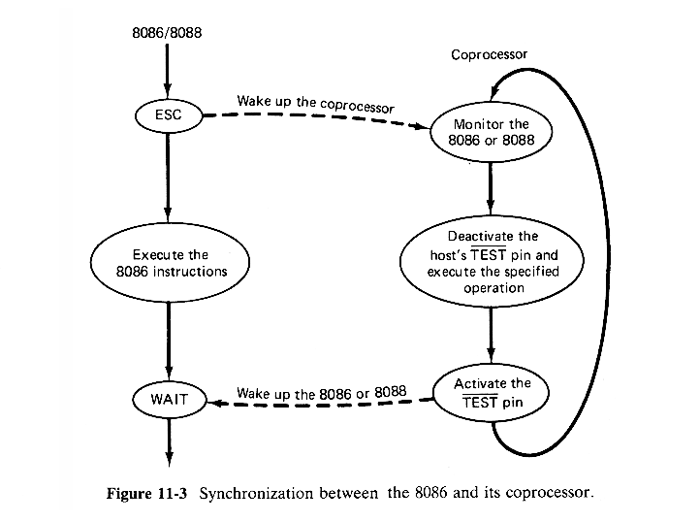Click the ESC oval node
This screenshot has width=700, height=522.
click(169, 115)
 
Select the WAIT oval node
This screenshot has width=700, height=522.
click(169, 398)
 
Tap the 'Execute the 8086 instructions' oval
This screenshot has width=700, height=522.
click(170, 263)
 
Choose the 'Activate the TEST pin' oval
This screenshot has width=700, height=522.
click(493, 392)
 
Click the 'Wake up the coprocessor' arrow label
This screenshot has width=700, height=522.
click(315, 103)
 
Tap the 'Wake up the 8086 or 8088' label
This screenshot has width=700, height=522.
click(320, 394)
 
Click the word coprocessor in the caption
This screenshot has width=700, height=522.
click(544, 493)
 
